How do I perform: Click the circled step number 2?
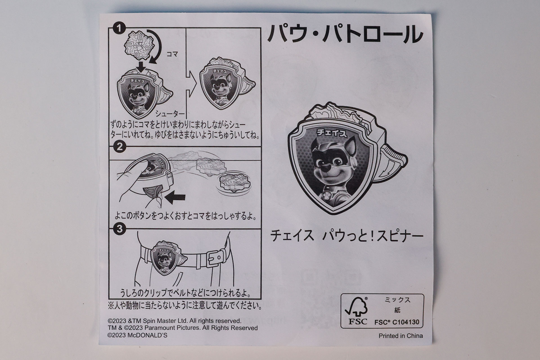120,147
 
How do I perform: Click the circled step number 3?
120,229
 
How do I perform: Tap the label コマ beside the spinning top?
172,54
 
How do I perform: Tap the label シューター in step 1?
170,113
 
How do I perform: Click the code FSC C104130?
397,322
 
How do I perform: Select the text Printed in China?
400,336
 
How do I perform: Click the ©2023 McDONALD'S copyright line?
137,335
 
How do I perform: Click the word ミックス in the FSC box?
397,300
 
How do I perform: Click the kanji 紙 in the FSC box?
397,310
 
